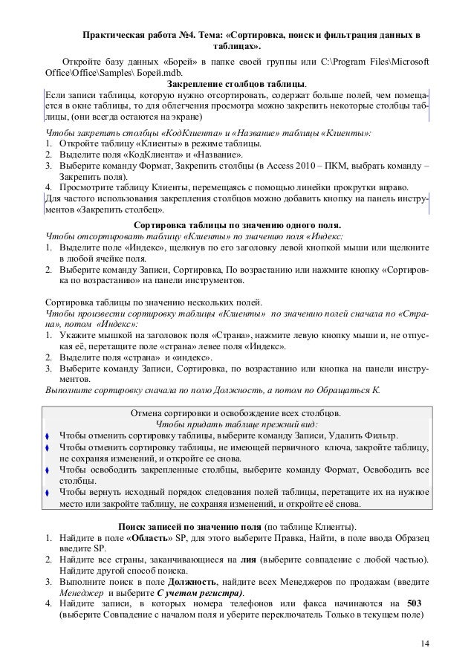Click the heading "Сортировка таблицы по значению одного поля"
pyautogui.click(x=237, y=224)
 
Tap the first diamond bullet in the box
pyautogui.click(x=48, y=435)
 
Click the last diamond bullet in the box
pyautogui.click(x=48, y=493)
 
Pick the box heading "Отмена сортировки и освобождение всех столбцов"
pyautogui.click(x=236, y=412)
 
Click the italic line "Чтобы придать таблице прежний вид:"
pyautogui.click(x=236, y=423)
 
